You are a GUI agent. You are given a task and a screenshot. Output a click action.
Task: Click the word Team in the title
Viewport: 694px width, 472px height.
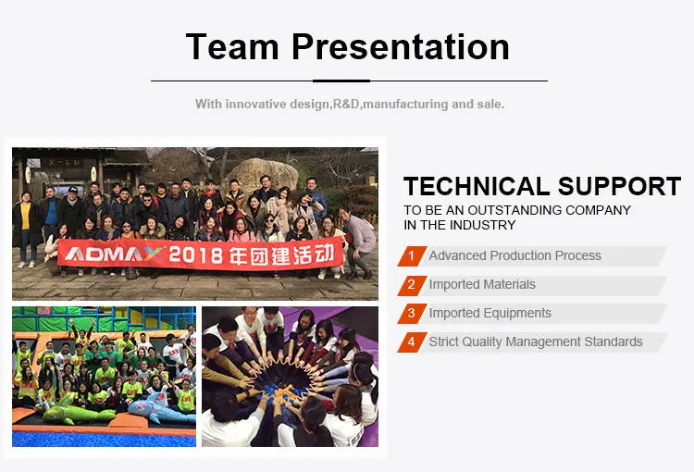click(232, 46)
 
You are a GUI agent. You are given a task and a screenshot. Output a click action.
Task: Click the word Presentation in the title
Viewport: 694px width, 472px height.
click(401, 46)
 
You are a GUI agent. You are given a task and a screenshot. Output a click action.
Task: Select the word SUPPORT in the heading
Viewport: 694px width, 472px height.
click(620, 186)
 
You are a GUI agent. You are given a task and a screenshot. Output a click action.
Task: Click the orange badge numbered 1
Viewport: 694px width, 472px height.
click(412, 256)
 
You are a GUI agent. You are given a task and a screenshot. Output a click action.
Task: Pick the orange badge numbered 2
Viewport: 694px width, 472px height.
click(412, 285)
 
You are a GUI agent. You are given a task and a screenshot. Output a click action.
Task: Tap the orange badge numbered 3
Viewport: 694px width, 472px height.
click(412, 314)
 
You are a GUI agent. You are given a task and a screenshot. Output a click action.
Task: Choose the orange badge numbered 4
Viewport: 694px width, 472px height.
click(412, 342)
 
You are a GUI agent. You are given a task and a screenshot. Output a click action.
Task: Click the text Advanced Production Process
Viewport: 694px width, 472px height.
click(514, 256)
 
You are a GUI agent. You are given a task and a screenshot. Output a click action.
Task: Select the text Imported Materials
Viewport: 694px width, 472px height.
click(482, 284)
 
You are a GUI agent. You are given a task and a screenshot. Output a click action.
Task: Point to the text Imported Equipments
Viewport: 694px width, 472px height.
click(490, 313)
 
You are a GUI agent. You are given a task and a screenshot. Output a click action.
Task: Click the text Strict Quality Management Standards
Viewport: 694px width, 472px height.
click(536, 342)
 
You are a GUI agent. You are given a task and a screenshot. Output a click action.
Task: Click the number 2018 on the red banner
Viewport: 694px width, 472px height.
click(195, 255)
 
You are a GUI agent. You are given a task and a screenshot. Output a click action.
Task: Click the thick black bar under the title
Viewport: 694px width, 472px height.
click(341, 81)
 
